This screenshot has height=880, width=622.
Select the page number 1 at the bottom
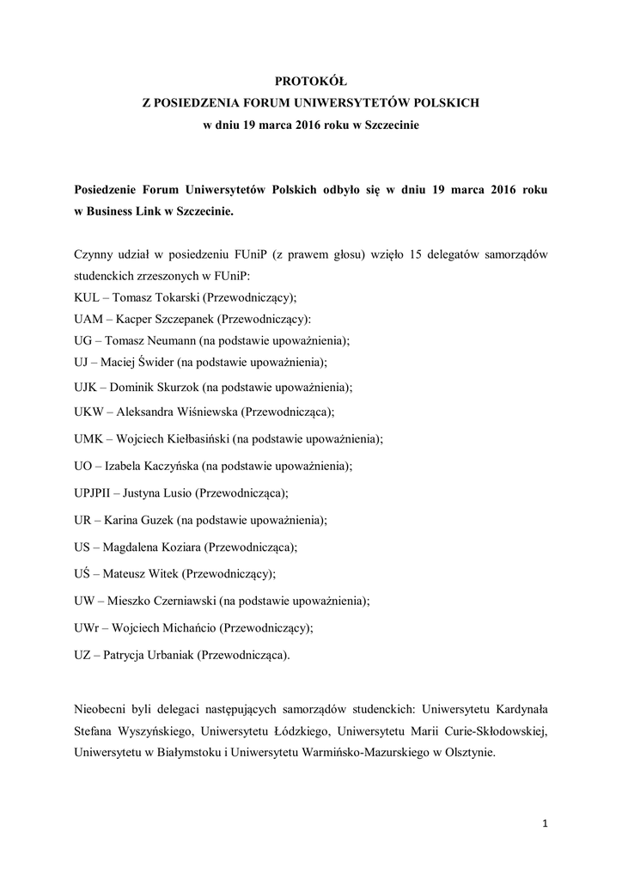[545, 824]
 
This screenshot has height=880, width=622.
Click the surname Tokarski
[177, 297]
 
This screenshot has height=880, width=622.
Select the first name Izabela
[127, 466]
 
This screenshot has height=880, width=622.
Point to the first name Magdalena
[137, 547]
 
